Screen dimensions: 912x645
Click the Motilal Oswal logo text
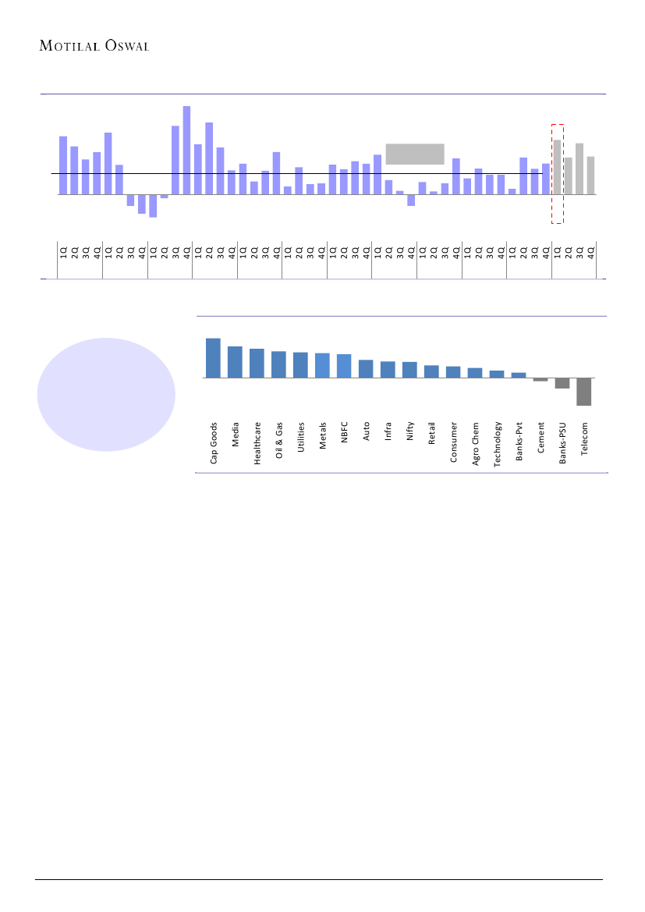pos(94,44)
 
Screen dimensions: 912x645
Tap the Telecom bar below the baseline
pos(583,392)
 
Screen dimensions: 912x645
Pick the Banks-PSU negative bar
pos(562,383)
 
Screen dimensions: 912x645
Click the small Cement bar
pos(540,379)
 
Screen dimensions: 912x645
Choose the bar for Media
pos(235,362)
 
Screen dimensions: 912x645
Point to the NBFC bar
pos(344,366)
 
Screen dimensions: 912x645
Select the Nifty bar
pos(409,370)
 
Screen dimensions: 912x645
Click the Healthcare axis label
pos(257,443)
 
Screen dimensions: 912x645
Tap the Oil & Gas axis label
pos(279,442)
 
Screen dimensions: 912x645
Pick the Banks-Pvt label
pos(519,443)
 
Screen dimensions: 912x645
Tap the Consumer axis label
pos(454,442)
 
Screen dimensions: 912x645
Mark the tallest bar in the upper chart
pos(186,151)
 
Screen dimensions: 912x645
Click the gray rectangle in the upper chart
pos(415,154)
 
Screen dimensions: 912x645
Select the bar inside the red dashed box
pos(557,167)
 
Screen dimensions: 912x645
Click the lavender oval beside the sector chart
pos(106,395)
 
